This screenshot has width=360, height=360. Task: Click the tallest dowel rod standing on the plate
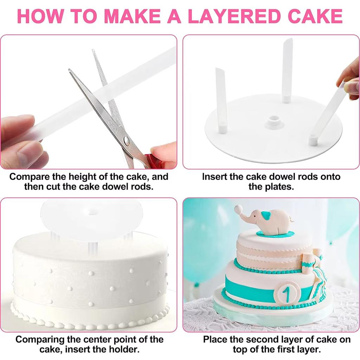(x=287, y=70)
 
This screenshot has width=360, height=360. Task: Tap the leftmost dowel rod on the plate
(x=221, y=100)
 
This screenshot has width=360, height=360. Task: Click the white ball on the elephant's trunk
(x=239, y=209)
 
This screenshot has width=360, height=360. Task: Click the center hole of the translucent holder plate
(x=92, y=212)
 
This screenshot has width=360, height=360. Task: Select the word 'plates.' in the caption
(x=271, y=186)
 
